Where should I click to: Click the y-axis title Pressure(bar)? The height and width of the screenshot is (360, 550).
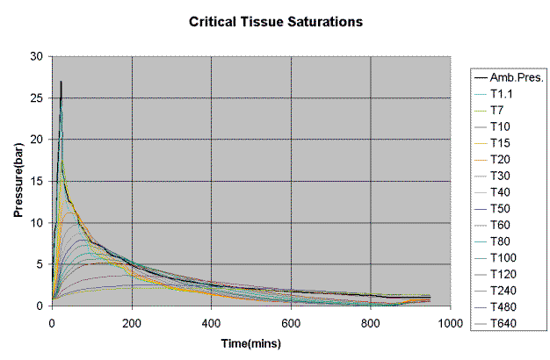[x=17, y=180]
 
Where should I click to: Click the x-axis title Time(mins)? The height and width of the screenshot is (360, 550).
[x=251, y=343]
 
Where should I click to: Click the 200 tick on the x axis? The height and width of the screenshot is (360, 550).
[x=132, y=321]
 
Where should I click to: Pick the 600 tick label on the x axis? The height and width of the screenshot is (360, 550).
[x=291, y=321]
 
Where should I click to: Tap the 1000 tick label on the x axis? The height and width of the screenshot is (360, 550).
[x=450, y=321]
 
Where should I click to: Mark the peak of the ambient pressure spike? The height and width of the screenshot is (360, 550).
[x=61, y=82]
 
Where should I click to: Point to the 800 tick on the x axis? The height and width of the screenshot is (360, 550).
[x=371, y=321]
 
